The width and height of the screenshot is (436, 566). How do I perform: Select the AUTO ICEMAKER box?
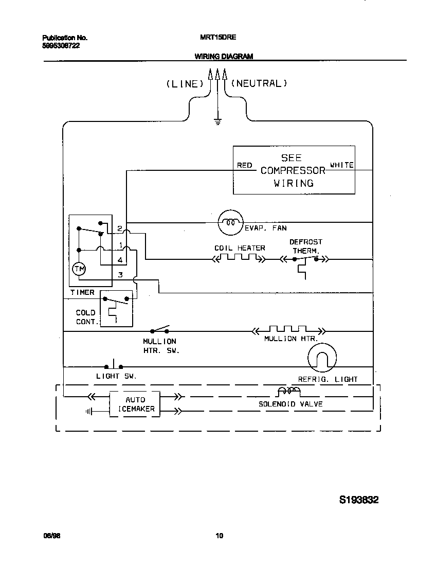click(x=135, y=404)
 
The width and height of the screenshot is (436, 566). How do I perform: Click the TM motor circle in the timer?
click(x=79, y=269)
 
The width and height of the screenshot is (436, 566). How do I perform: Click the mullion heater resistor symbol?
click(x=288, y=330)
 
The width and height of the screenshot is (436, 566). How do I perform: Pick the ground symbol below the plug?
click(x=217, y=122)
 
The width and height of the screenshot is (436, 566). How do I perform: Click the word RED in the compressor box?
click(x=244, y=165)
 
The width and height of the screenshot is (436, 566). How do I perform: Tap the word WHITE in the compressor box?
click(x=341, y=165)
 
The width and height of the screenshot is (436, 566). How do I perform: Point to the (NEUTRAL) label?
click(x=259, y=83)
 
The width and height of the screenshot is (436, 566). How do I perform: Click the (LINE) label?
click(x=183, y=84)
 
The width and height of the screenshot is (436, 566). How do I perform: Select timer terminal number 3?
click(x=120, y=275)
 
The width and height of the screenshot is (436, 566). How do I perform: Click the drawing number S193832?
click(x=359, y=500)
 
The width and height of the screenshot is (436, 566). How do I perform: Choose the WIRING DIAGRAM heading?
click(x=223, y=57)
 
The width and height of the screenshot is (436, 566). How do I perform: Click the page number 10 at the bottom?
click(x=219, y=536)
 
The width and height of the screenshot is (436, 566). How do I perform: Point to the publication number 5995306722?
click(x=61, y=45)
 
